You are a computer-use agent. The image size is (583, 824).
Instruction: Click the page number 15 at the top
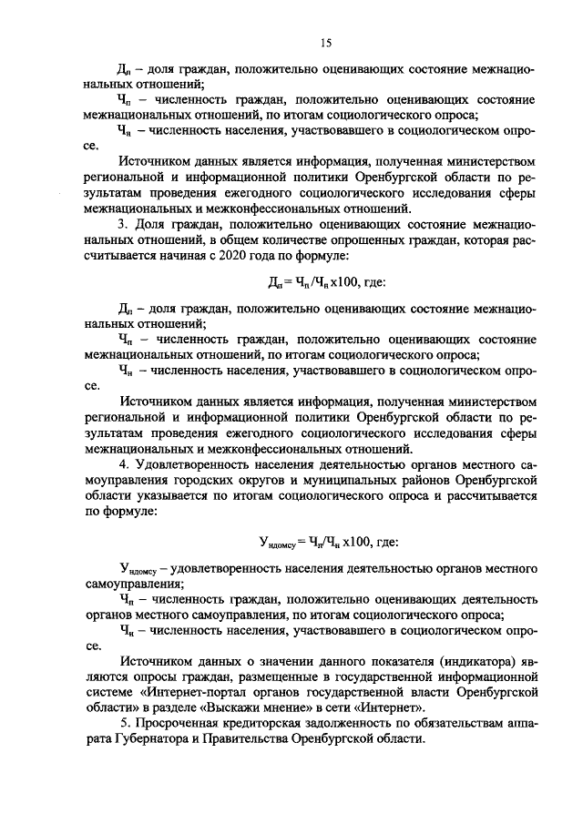(325, 43)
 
